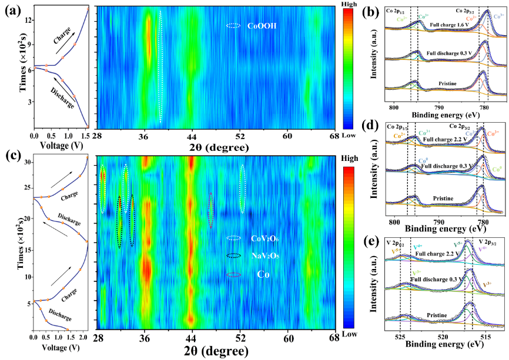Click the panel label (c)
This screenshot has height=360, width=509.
click(13, 157)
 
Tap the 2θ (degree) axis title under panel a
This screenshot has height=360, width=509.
click(215, 146)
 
